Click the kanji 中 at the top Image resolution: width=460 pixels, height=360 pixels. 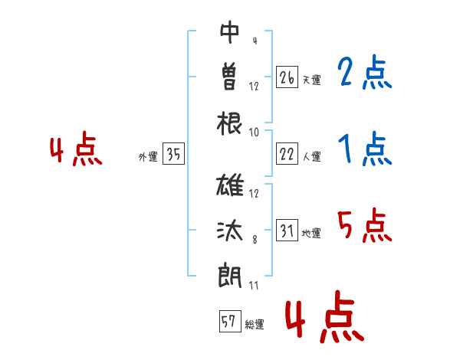point(229,32)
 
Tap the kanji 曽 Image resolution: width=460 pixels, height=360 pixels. point(229,77)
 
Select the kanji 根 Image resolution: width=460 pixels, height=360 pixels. point(229,123)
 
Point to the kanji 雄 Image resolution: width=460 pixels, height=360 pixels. point(230,185)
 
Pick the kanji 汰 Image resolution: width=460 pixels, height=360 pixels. point(230,231)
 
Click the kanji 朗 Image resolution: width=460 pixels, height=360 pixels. point(230,275)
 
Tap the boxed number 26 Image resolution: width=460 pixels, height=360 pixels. point(287,77)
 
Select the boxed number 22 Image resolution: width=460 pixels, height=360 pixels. point(287,154)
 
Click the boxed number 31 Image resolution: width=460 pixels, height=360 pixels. point(287,230)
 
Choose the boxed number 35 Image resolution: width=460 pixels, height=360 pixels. point(173,153)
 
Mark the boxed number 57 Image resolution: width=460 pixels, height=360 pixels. point(230,321)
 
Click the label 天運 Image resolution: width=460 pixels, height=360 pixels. point(312,80)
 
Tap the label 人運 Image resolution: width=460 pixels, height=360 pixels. point(312,156)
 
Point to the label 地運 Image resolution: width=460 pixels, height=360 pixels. point(311,233)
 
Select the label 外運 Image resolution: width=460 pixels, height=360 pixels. point(148,156)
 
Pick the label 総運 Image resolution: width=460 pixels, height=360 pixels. point(255,324)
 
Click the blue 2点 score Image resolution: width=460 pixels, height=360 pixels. point(365,72)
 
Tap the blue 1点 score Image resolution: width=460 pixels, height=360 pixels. point(365,149)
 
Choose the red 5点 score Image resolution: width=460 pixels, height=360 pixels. point(365,225)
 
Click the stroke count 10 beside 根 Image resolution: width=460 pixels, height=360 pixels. point(254,133)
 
